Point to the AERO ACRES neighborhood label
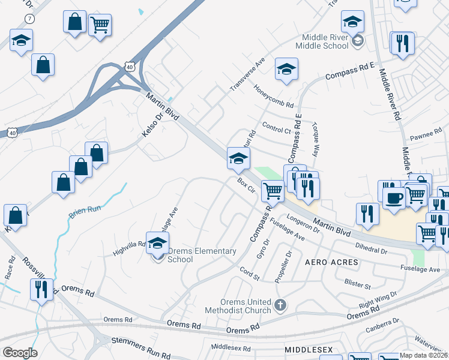pyautogui.click(x=331, y=263)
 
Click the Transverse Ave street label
pyautogui.click(x=247, y=75)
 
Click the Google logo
pyautogui.click(x=20, y=353)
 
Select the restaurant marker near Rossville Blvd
pyautogui.click(x=41, y=289)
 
